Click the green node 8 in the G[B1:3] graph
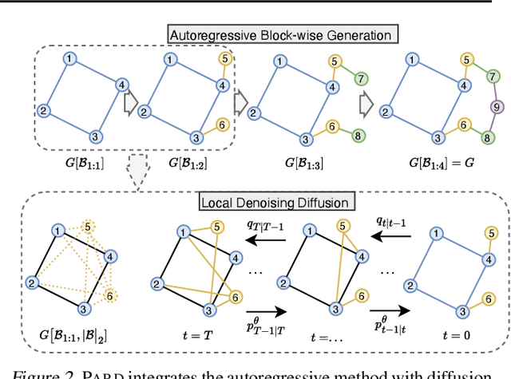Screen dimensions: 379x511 coord(361,136)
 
